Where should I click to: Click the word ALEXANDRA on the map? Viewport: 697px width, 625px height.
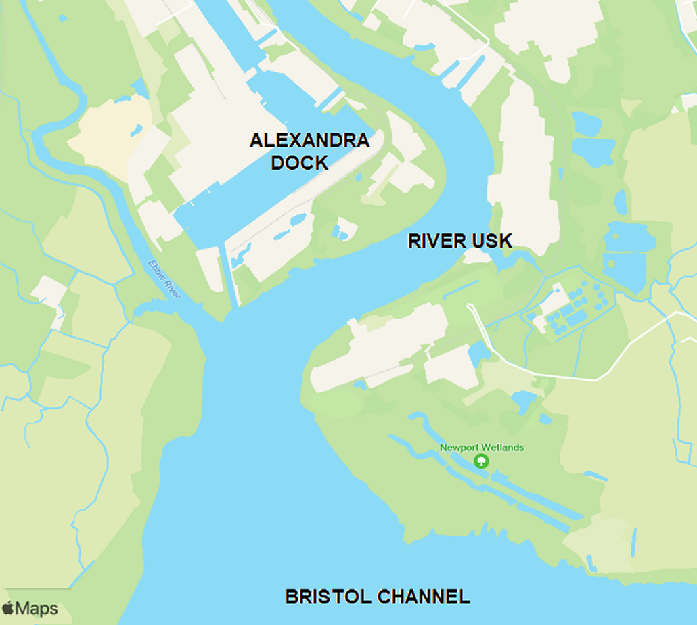click(x=309, y=141)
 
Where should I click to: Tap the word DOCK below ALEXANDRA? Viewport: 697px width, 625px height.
click(x=299, y=162)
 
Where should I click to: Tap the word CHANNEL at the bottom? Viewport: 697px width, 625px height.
click(x=424, y=597)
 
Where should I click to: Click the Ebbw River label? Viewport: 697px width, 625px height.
click(x=164, y=279)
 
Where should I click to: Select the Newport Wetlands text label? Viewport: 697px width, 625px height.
click(x=482, y=448)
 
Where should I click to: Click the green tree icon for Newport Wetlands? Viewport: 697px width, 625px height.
click(x=482, y=461)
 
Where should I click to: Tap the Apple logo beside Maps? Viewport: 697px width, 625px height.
click(x=8, y=608)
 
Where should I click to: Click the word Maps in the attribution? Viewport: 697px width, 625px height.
click(x=37, y=608)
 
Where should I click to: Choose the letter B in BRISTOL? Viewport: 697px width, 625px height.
click(x=291, y=597)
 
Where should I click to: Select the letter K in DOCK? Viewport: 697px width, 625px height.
click(x=321, y=162)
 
